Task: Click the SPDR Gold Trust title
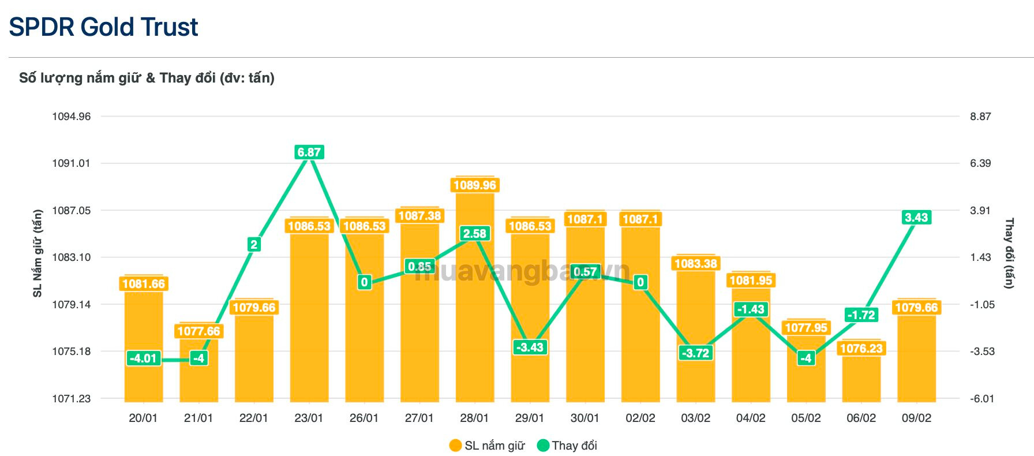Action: click(x=104, y=27)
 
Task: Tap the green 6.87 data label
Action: click(x=309, y=152)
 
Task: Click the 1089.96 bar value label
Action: click(x=474, y=185)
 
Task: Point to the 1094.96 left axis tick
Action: click(x=72, y=117)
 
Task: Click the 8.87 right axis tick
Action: click(x=980, y=117)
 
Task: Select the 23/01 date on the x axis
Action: click(x=309, y=418)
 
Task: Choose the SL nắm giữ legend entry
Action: click(x=488, y=446)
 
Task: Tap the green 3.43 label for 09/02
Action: click(x=916, y=218)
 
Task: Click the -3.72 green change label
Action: click(x=695, y=353)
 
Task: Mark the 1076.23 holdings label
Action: click(x=861, y=349)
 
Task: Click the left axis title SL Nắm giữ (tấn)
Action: click(x=38, y=253)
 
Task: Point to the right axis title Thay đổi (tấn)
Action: click(x=1009, y=253)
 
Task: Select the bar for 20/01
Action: click(x=143, y=346)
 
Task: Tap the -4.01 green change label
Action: click(x=143, y=358)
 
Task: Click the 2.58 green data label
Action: click(x=474, y=234)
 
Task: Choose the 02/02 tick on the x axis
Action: click(x=640, y=418)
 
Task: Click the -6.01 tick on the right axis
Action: click(x=981, y=399)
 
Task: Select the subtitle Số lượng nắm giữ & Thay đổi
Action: click(x=147, y=78)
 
